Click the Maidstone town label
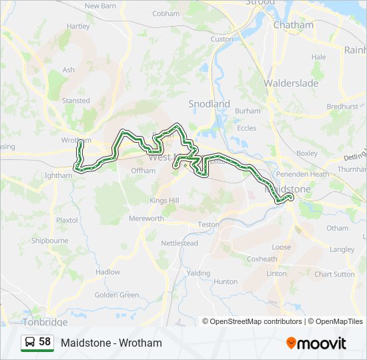click(288, 189)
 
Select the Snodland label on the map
click(209, 104)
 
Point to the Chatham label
click(294, 25)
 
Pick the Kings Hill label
click(165, 201)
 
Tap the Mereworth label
click(146, 219)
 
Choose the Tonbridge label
click(45, 322)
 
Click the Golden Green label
click(117, 295)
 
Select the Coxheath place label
click(262, 259)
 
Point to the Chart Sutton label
click(334, 274)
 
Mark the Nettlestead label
click(179, 243)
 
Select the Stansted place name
click(76, 101)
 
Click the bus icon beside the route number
click(30, 343)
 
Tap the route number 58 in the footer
click(45, 342)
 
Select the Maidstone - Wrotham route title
click(111, 343)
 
